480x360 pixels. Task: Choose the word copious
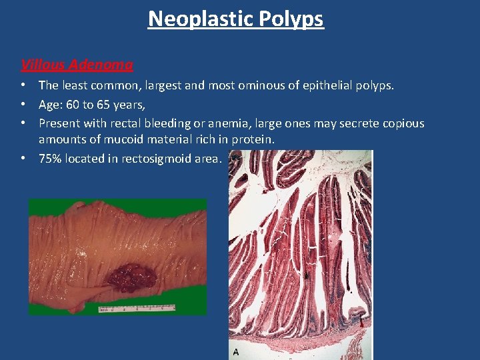pos(401,123)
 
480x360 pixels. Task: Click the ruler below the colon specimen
pos(136,309)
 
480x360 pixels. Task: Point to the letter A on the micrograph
pos(235,351)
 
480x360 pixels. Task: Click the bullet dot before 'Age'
pos(23,104)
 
